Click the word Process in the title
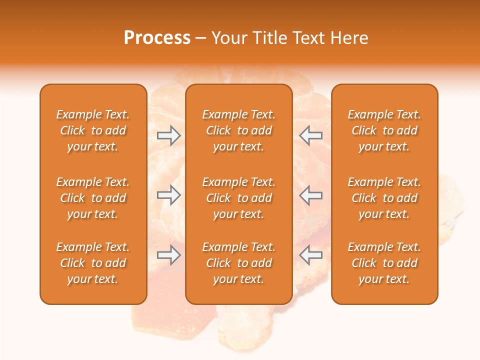157,38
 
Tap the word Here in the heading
348,38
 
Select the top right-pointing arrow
169,135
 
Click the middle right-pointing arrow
169,195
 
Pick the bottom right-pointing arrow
169,255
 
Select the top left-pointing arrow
311,135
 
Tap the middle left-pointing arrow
311,195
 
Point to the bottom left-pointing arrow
311,255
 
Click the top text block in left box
93,130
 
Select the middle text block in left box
93,198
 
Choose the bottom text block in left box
93,263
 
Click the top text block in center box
238,130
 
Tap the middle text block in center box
238,198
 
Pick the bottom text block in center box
238,263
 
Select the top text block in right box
384,130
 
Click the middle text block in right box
384,198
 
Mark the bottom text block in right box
384,263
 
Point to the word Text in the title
308,38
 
